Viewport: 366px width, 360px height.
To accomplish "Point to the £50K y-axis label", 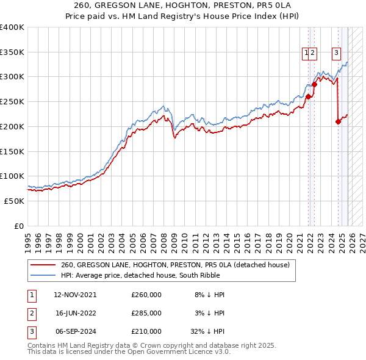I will pyautogui.click(x=13, y=201).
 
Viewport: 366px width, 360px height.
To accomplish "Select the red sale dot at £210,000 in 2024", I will pyautogui.click(x=338, y=121).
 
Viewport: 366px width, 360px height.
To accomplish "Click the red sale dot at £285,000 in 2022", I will pyautogui.click(x=315, y=84).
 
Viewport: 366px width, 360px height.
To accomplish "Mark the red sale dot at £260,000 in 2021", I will pyautogui.click(x=309, y=96).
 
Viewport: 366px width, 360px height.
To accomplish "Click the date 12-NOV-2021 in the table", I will pyautogui.click(x=75, y=295).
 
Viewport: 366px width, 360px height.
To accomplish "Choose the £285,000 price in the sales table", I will pyautogui.click(x=146, y=312).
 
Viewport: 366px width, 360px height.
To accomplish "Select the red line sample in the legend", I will pyautogui.click(x=43, y=265).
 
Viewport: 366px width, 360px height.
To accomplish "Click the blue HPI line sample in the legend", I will pyautogui.click(x=43, y=275).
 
